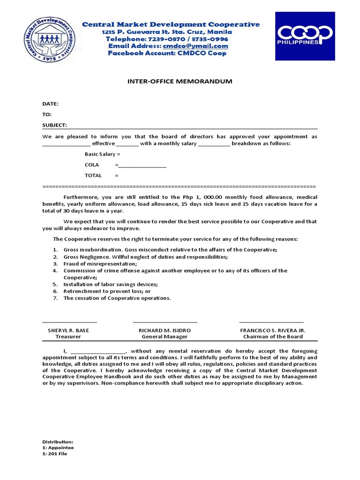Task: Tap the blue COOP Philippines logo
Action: [305, 36]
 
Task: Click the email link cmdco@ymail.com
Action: [195, 46]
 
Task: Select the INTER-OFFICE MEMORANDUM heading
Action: [180, 82]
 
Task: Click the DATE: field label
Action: [50, 104]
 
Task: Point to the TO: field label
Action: [47, 114]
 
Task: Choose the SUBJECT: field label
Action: [55, 125]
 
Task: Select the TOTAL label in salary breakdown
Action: [93, 175]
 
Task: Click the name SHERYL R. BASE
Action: [68, 330]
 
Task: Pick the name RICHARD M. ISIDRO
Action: [165, 330]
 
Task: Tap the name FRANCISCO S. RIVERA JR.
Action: [272, 330]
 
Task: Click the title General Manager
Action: [165, 337]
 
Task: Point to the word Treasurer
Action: [68, 337]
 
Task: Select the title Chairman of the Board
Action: [272, 337]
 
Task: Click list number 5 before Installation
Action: [54, 285]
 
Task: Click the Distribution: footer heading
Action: [58, 442]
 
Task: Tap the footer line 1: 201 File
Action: [55, 454]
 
